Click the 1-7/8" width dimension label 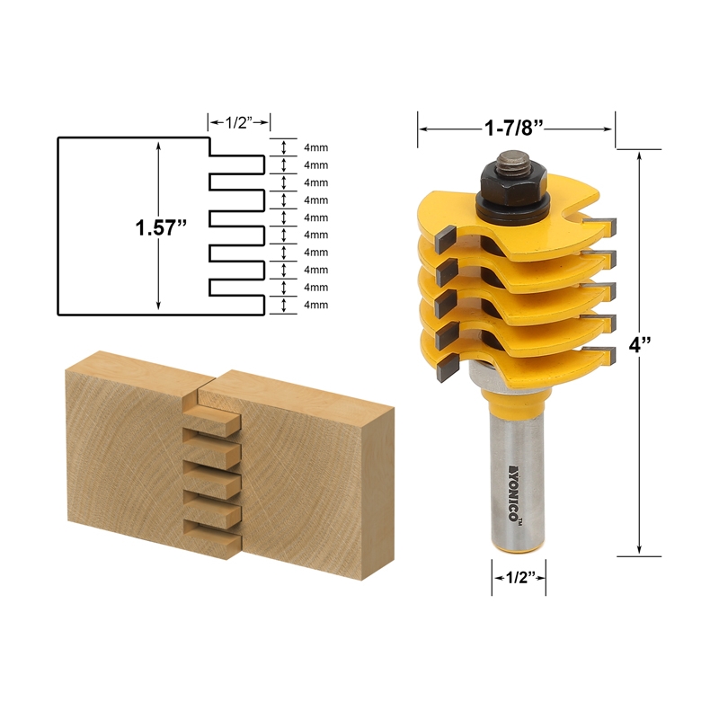[516, 128]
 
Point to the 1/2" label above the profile [239, 121]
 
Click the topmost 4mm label [315, 147]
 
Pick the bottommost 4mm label [315, 305]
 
